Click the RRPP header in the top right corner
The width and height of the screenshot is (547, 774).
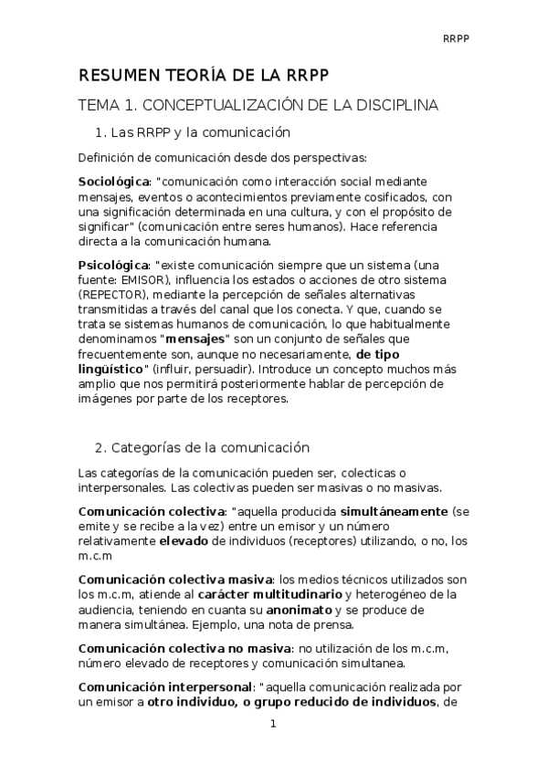click(456, 37)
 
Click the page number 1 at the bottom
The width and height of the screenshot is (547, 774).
click(272, 725)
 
